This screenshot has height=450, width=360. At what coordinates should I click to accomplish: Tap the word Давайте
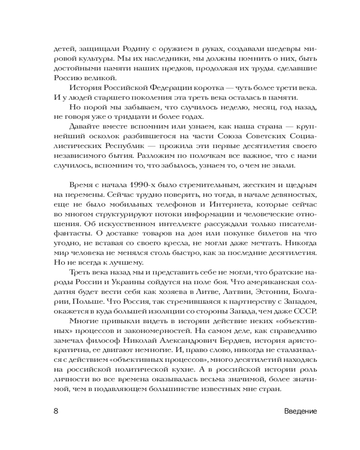tap(85, 127)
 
